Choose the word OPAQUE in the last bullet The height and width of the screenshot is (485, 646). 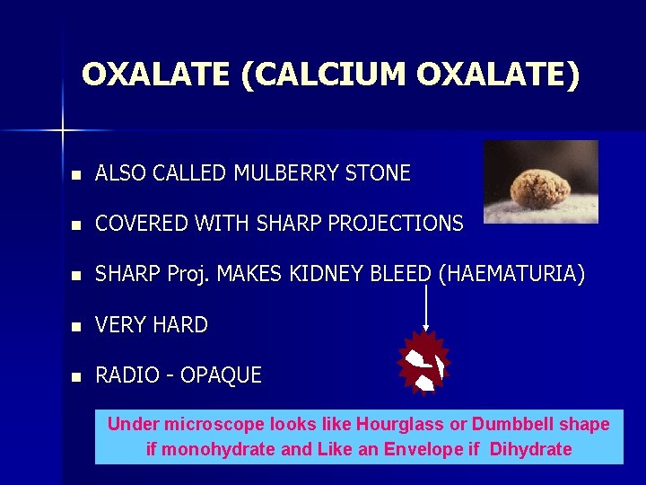coord(221,375)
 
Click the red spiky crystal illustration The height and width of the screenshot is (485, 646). coord(423,363)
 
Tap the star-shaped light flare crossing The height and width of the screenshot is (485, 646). coord(64,131)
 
